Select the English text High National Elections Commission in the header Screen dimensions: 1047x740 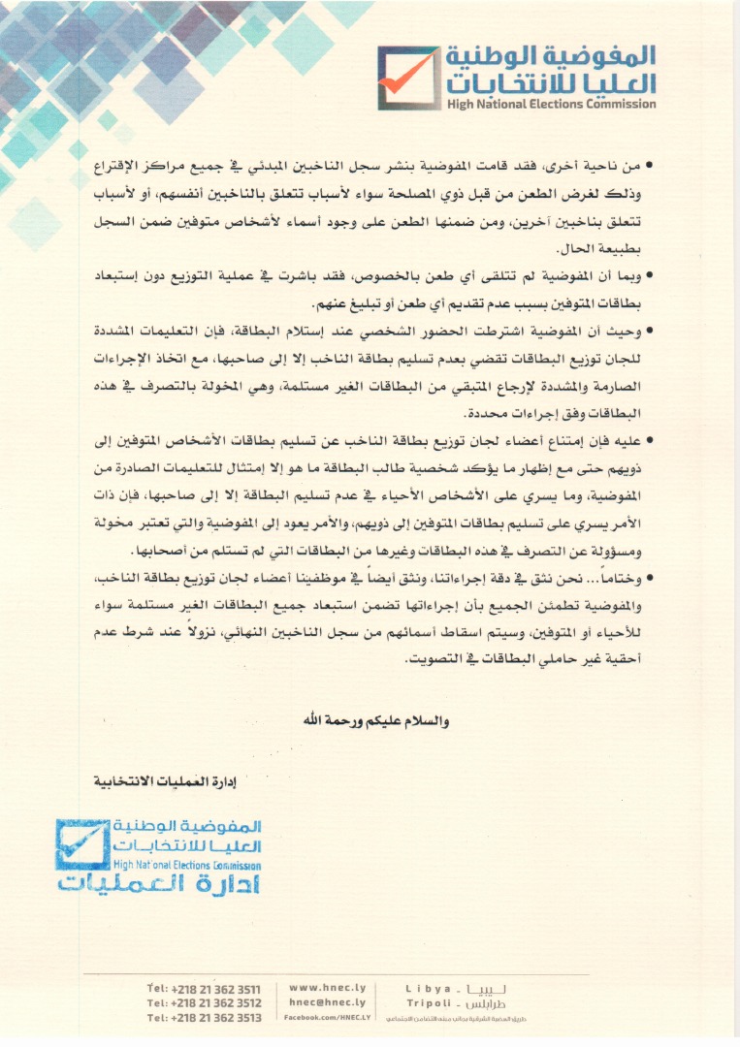551,104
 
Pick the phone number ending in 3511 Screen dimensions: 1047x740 204,988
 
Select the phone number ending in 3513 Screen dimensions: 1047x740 204,1017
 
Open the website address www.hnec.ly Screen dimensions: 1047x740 328,987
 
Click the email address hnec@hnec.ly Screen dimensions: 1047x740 328,1001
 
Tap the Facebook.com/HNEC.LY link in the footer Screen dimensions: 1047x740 328,1017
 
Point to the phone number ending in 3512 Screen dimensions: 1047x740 204,1002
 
